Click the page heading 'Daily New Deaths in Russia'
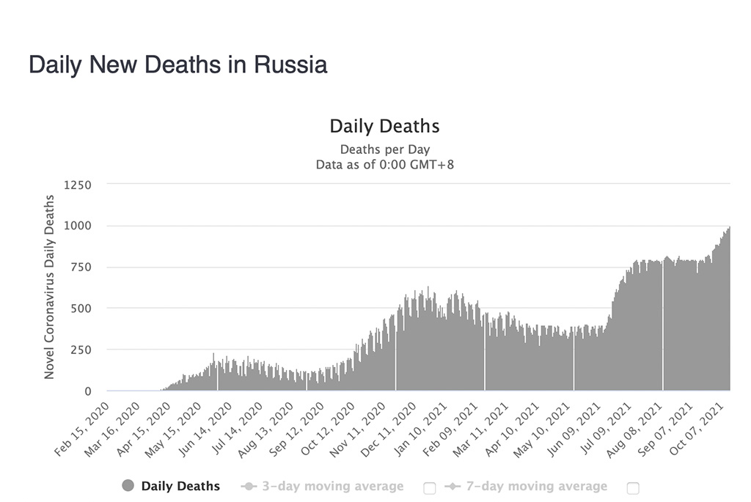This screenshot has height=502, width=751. tap(177, 64)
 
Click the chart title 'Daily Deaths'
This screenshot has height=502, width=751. tap(384, 126)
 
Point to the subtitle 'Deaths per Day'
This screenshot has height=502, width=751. tap(384, 150)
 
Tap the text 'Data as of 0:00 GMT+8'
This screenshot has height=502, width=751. tap(384, 164)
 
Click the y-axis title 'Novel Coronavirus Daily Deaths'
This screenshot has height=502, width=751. tap(50, 287)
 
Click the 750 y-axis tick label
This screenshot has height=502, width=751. tap(80, 267)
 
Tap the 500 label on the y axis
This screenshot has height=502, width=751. tap(80, 309)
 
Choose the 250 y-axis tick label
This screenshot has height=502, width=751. tap(80, 350)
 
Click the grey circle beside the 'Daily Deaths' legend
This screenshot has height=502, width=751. tap(128, 486)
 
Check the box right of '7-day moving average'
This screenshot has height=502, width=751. tap(633, 488)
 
